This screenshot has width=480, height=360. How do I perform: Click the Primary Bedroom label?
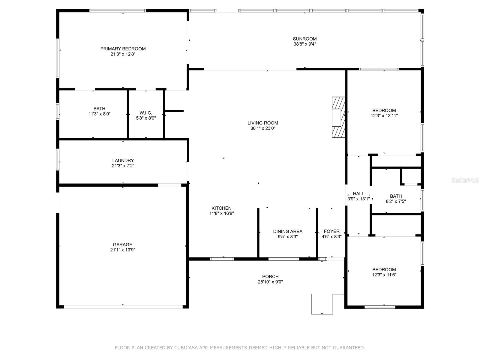coord(123,49)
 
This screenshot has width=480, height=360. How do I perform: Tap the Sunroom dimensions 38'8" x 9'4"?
coord(304,44)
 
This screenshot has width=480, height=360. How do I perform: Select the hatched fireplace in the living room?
coord(338,117)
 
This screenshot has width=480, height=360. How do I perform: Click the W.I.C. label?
coord(146,113)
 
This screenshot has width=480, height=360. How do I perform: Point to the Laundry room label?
coord(123,160)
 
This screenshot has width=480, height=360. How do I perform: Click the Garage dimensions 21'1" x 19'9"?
coord(122,250)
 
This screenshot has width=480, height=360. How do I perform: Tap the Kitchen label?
coord(221,208)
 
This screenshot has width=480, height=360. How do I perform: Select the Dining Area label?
coord(287,231)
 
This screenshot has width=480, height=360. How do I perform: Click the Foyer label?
coord(331,231)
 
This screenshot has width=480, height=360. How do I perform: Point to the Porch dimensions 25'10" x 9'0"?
coord(270,282)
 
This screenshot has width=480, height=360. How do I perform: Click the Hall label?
coord(358,193)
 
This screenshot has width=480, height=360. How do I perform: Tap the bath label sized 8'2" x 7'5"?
coord(396,196)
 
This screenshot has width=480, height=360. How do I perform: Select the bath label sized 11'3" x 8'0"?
coord(99,109)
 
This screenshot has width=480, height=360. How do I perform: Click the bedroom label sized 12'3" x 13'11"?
coord(384,110)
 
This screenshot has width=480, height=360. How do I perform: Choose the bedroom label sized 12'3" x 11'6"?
coord(384,269)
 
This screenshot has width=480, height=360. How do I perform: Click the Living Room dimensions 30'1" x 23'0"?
coord(263,128)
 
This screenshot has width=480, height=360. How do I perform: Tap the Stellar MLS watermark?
coord(465,180)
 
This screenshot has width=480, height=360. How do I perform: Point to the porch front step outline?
coord(322,304)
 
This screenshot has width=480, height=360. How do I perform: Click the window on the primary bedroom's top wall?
coord(118,11)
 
